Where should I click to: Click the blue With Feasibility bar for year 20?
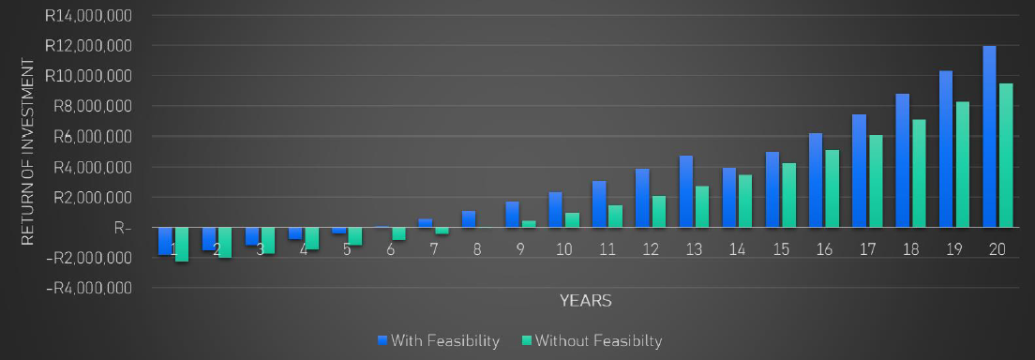click(989, 136)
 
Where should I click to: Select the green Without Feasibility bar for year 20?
click(1006, 155)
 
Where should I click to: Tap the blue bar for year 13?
click(686, 191)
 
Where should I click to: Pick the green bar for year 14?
click(746, 201)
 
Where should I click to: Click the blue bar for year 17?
click(859, 171)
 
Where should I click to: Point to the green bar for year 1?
click(182, 244)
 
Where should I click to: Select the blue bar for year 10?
click(556, 209)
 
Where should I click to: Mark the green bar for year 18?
click(919, 172)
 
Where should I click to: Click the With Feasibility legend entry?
click(438, 340)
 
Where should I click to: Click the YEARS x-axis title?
click(585, 301)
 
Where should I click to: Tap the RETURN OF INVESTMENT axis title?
click(28, 154)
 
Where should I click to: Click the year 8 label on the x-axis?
click(478, 251)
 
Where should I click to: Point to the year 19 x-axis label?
click(955, 251)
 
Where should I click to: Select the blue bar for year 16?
click(816, 180)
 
